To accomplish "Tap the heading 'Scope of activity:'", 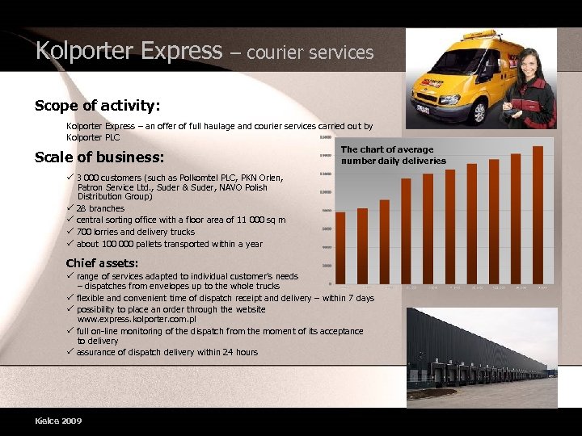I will (97, 106).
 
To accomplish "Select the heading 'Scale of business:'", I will (99, 157).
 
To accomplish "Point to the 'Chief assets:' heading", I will (102, 263).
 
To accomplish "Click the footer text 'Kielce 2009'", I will (58, 421).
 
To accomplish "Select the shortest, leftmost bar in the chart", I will (340, 247).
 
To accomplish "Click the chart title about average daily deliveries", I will (393, 155).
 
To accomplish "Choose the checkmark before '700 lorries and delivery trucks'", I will (70, 232).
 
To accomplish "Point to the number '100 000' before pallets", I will (119, 244).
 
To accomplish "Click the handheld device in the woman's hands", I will (517, 106).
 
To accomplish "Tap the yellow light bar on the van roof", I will (480, 34).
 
